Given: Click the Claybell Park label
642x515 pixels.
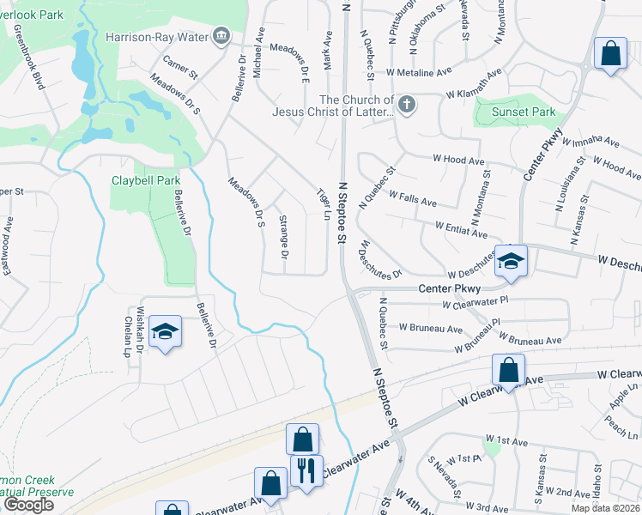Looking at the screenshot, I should [146, 180].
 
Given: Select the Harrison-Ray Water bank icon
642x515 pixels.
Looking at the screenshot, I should [221, 36].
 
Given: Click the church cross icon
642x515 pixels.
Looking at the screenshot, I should [407, 106].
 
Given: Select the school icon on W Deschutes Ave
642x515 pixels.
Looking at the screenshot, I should [511, 260].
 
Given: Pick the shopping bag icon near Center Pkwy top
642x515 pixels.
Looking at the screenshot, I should [610, 53].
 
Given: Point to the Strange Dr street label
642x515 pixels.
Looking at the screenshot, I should [283, 237].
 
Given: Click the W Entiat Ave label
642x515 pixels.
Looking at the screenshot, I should [461, 228].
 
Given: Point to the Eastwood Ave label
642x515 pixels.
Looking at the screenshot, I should [9, 245].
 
